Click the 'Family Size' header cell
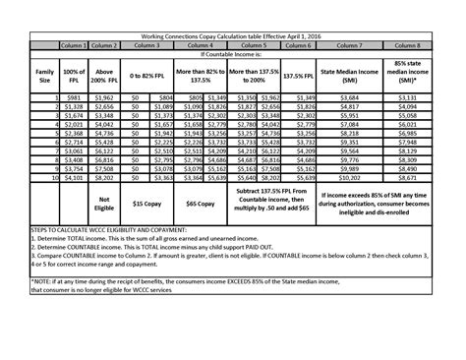pyautogui.click(x=45, y=74)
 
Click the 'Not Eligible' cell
pyautogui.click(x=104, y=203)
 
